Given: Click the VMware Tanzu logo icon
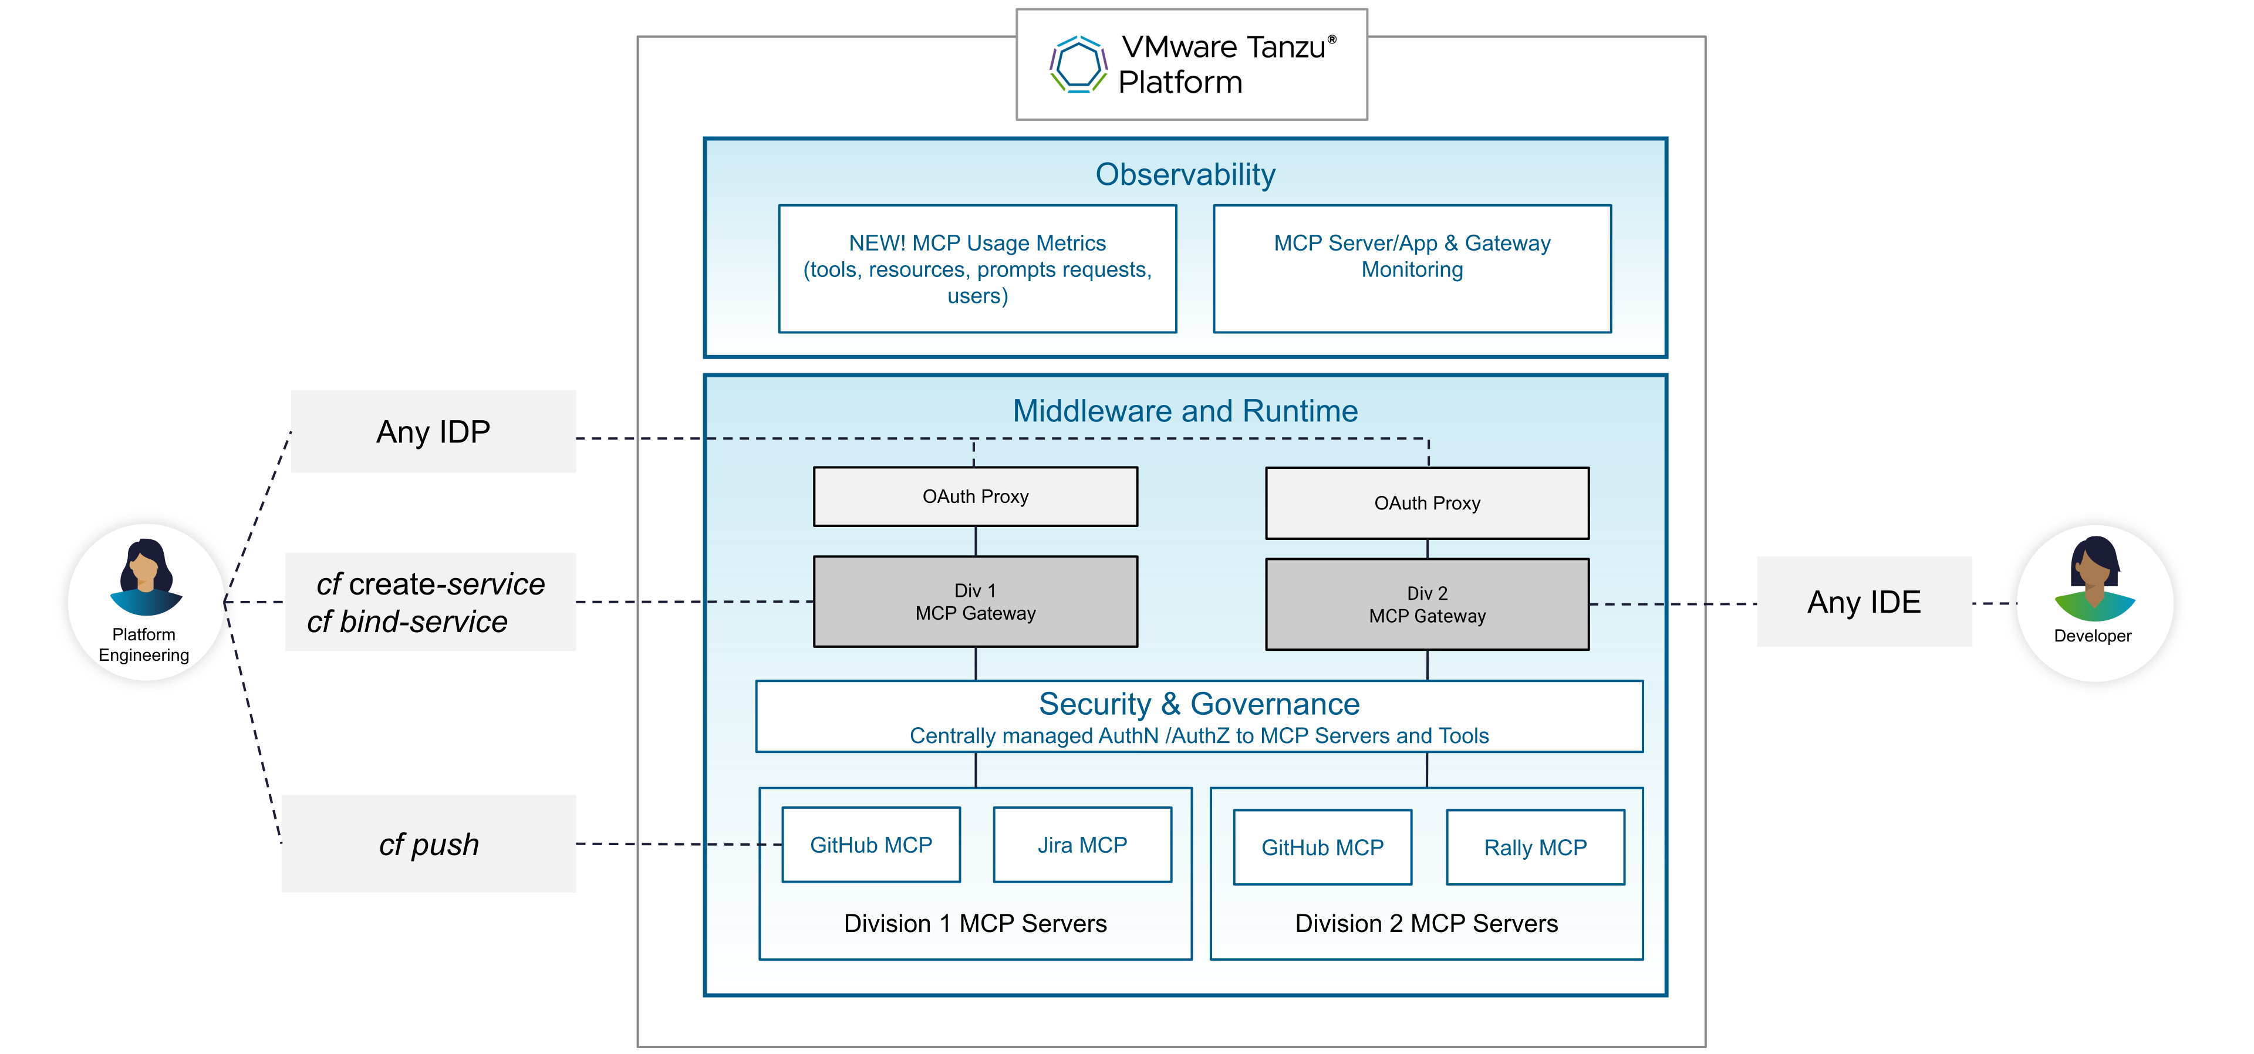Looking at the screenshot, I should pyautogui.click(x=1078, y=65).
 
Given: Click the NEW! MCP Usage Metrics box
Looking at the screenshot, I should pyautogui.click(x=977, y=269).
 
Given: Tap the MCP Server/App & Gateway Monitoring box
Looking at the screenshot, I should pyautogui.click(x=1411, y=269).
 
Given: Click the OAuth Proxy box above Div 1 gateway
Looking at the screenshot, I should pyautogui.click(x=975, y=496).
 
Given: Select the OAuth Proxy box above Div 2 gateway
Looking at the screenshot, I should pyautogui.click(x=1426, y=503).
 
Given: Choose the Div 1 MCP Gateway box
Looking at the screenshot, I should pyautogui.click(x=975, y=602).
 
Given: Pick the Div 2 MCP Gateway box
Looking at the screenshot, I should pyautogui.click(x=1426, y=604).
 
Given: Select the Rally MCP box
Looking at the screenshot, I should pyautogui.click(x=1535, y=847).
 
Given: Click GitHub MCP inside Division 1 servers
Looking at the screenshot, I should pyautogui.click(x=870, y=845).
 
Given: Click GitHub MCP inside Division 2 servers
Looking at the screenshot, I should pyautogui.click(x=1322, y=847).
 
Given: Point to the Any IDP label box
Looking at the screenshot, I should pyautogui.click(x=433, y=431).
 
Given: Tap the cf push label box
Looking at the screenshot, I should pyautogui.click(x=428, y=844).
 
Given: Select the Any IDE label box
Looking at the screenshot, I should pyautogui.click(x=1864, y=602).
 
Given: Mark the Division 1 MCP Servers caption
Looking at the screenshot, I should pyautogui.click(x=975, y=924).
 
